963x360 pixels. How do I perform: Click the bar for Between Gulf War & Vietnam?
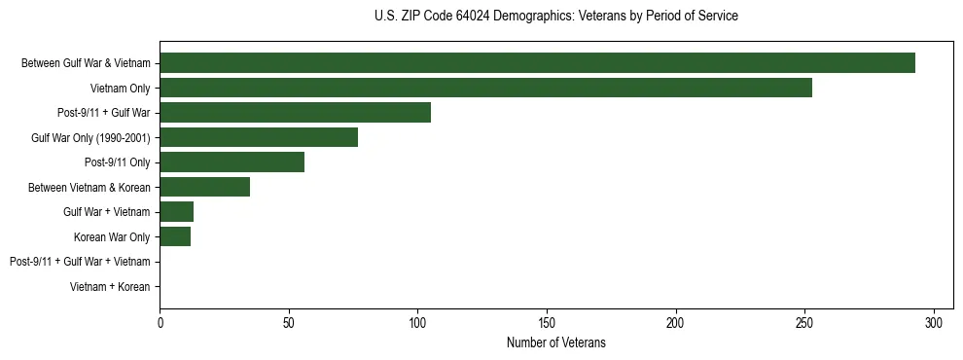(x=537, y=63)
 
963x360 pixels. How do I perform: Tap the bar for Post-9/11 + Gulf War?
(x=295, y=113)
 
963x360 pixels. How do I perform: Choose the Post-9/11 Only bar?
(x=232, y=162)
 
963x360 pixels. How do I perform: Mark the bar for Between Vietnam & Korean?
(x=204, y=187)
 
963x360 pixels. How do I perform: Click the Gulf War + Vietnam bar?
(x=176, y=212)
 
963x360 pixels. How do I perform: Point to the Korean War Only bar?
(x=175, y=236)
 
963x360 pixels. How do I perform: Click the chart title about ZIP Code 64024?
(x=555, y=17)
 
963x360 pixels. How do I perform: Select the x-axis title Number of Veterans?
(x=555, y=342)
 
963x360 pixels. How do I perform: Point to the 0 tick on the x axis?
(x=160, y=322)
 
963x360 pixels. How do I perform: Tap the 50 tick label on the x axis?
(x=289, y=322)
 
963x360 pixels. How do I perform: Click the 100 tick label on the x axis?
(x=417, y=322)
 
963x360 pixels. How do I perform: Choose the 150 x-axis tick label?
(x=547, y=322)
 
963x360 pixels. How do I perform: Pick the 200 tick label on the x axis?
(x=676, y=322)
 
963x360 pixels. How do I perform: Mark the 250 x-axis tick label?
(x=804, y=322)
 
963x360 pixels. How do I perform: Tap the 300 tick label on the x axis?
(x=934, y=322)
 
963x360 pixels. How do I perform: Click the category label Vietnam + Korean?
(x=110, y=287)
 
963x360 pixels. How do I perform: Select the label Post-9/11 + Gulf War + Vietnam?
(x=80, y=262)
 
